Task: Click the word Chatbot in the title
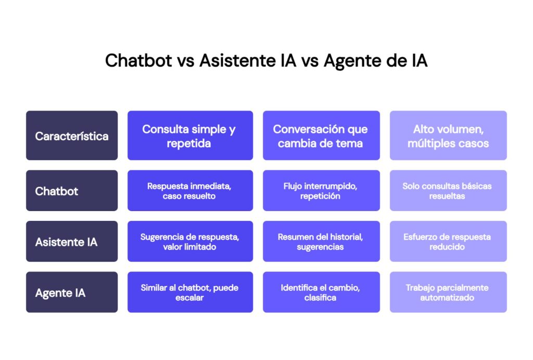[x=138, y=60]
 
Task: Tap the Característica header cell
[x=72, y=136]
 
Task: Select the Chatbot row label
[x=72, y=191]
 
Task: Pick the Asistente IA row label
[x=72, y=242]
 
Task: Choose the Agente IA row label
[x=72, y=293]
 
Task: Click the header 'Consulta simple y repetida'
[x=190, y=136]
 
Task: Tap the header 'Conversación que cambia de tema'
[x=321, y=136]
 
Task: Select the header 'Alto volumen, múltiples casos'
[x=448, y=136]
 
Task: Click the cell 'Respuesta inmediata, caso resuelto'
[x=190, y=191]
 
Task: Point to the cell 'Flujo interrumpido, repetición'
[x=321, y=191]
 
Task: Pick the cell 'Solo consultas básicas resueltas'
[x=448, y=191]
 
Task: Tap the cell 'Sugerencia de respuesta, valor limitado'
[x=190, y=242]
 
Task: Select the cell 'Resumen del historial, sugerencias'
[x=321, y=242]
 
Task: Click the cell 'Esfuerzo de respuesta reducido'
[x=448, y=242]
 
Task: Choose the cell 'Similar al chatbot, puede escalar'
[x=190, y=293]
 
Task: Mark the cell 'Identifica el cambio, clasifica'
[x=321, y=293]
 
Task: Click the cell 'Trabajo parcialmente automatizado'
[x=448, y=293]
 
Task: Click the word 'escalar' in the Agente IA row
[x=190, y=298]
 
